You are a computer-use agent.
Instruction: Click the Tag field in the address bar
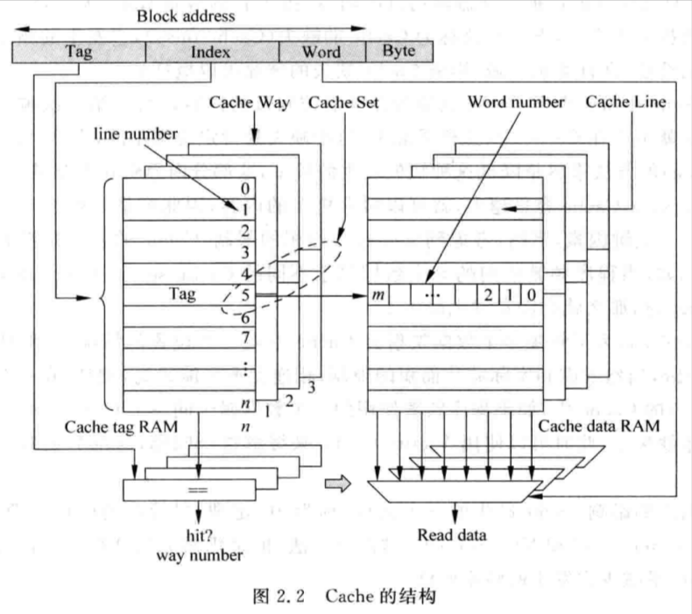point(79,52)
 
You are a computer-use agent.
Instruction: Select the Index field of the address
point(212,52)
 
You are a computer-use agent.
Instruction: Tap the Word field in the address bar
point(322,52)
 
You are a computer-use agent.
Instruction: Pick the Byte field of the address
point(399,51)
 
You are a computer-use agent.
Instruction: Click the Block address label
point(186,17)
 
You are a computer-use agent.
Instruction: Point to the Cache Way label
point(250,102)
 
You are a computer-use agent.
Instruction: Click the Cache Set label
point(343,102)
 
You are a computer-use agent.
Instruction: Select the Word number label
point(516,102)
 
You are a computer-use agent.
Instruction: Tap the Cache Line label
point(625,102)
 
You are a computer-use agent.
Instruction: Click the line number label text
point(136,134)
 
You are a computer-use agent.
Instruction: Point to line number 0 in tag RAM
point(245,188)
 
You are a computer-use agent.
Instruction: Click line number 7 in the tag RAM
point(245,337)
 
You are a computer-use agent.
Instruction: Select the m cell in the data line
point(378,295)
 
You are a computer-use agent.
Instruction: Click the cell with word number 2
point(488,295)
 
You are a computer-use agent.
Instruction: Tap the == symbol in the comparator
point(198,490)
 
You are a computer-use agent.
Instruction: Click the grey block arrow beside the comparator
point(338,483)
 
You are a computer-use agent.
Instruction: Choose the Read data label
point(452,535)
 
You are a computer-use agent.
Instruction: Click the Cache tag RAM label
point(121,427)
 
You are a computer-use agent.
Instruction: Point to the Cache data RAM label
point(599,426)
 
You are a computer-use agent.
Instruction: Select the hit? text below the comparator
point(200,535)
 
